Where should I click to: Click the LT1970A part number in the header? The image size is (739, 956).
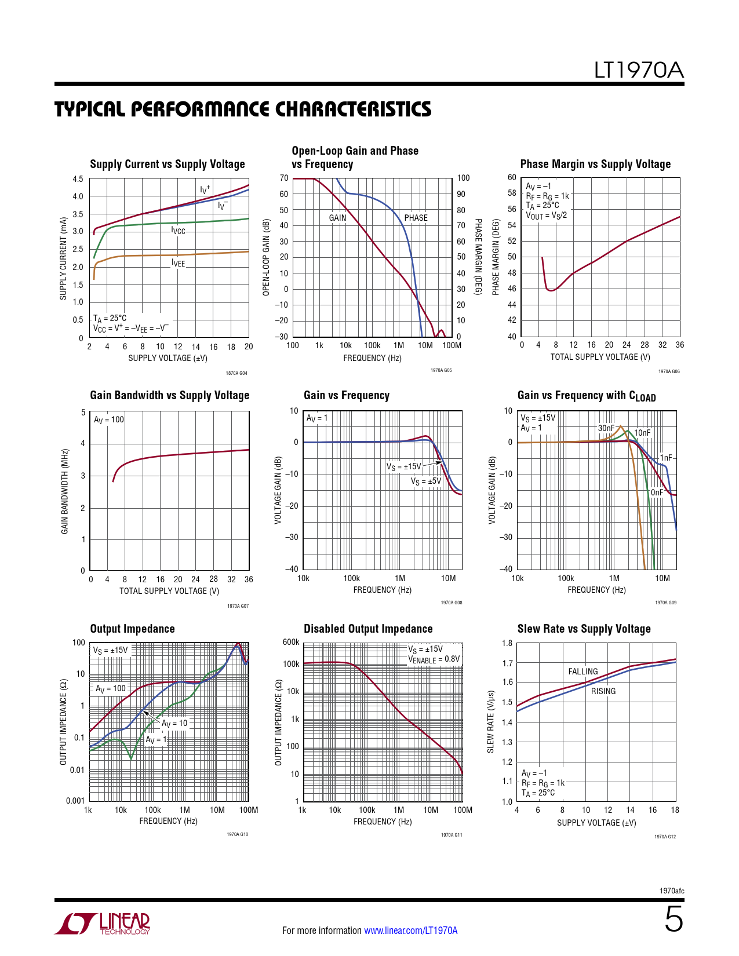tap(639, 70)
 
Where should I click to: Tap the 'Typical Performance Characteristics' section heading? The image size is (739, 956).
tap(243, 109)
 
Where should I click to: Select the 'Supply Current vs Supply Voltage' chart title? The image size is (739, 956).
tap(168, 164)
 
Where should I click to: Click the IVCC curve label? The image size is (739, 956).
tap(179, 231)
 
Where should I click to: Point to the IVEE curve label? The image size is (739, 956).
tap(179, 264)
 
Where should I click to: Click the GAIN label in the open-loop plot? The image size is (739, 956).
tap(337, 218)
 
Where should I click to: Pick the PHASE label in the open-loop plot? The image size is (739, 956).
tap(416, 218)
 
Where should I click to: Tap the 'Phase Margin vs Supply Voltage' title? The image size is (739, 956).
tap(595, 164)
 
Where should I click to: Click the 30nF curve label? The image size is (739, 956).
tap(606, 428)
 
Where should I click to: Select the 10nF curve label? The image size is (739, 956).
tap(642, 433)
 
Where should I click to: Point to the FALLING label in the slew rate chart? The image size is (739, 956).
tap(583, 672)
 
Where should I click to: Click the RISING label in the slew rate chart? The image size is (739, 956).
tap(603, 691)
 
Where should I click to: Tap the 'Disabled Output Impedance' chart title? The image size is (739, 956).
tap(368, 629)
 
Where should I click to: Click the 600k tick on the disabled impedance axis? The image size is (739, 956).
tap(291, 642)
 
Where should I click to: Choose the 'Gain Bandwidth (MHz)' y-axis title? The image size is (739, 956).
tap(65, 491)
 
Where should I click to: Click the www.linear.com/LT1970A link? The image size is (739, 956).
tap(410, 931)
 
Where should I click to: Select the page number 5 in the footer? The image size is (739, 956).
tap(674, 919)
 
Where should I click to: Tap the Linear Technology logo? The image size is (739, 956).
tap(103, 924)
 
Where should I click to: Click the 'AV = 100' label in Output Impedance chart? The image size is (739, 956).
tap(110, 689)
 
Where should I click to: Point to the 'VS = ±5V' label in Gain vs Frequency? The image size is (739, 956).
tap(426, 481)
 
